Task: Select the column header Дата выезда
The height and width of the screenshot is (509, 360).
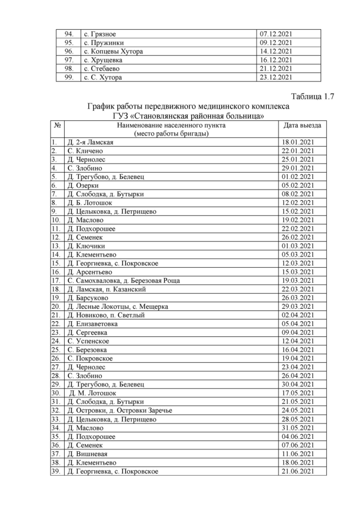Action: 303,125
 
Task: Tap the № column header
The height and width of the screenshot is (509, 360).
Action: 57,125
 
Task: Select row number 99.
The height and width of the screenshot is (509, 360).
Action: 69,78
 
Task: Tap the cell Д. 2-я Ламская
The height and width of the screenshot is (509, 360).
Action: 90,142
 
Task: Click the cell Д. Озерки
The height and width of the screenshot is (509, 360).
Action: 83,185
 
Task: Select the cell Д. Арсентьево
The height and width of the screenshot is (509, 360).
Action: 91,271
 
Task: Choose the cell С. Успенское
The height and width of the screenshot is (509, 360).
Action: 88,341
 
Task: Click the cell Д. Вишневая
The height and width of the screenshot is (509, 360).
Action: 87,454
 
